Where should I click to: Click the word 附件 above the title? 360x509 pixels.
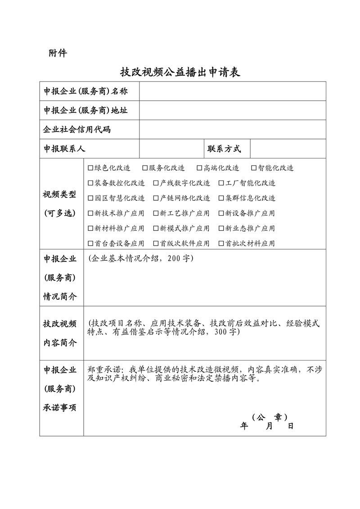pyautogui.click(x=58, y=54)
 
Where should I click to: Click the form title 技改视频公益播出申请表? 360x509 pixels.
pyautogui.click(x=180, y=72)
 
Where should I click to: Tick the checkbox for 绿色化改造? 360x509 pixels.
pyautogui.click(x=90, y=168)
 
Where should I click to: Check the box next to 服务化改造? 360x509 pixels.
pyautogui.click(x=145, y=168)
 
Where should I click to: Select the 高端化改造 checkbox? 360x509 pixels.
pyautogui.click(x=199, y=168)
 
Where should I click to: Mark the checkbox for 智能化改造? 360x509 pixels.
pyautogui.click(x=254, y=168)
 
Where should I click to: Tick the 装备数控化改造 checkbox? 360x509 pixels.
pyautogui.click(x=90, y=183)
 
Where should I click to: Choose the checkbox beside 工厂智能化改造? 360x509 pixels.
pyautogui.click(x=221, y=183)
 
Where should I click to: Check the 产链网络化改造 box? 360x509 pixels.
pyautogui.click(x=156, y=198)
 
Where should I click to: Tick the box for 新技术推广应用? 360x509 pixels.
pyautogui.click(x=90, y=213)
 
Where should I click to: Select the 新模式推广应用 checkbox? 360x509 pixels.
pyautogui.click(x=156, y=229)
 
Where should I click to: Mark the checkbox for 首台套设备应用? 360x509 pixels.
pyautogui.click(x=90, y=243)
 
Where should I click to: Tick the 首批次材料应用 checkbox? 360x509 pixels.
pyautogui.click(x=221, y=243)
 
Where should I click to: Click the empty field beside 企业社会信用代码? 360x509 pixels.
pyautogui.click(x=232, y=130)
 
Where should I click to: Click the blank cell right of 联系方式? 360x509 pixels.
pyautogui.click(x=288, y=149)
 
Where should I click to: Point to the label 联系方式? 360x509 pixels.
pyautogui.click(x=224, y=149)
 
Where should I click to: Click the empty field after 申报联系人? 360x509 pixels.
pyautogui.click(x=171, y=149)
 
